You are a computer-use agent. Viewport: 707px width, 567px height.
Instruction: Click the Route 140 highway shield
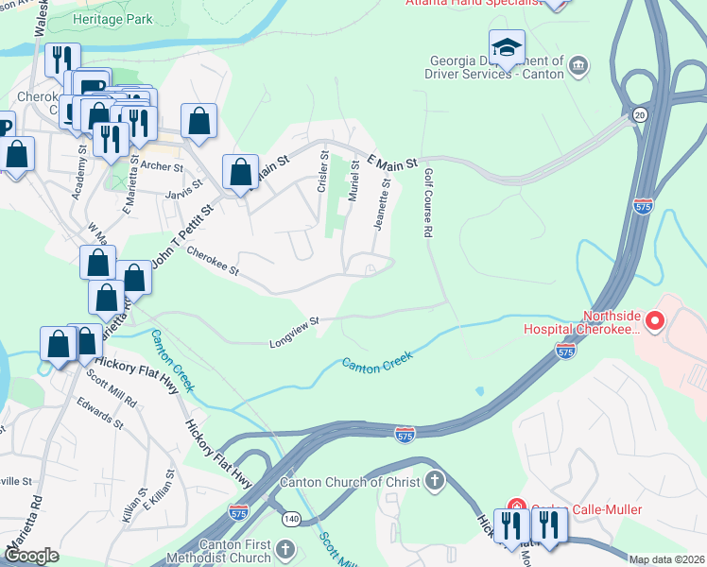(292, 519)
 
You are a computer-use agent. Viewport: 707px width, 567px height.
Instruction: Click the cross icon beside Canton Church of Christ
(434, 482)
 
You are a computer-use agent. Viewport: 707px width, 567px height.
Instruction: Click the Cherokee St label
(213, 262)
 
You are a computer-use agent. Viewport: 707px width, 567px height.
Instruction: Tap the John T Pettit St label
(180, 232)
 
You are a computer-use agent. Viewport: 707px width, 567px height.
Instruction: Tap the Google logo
(32, 555)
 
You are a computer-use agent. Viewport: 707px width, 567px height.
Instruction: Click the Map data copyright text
(666, 559)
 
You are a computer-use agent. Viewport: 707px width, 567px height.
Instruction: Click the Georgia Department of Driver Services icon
(578, 65)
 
